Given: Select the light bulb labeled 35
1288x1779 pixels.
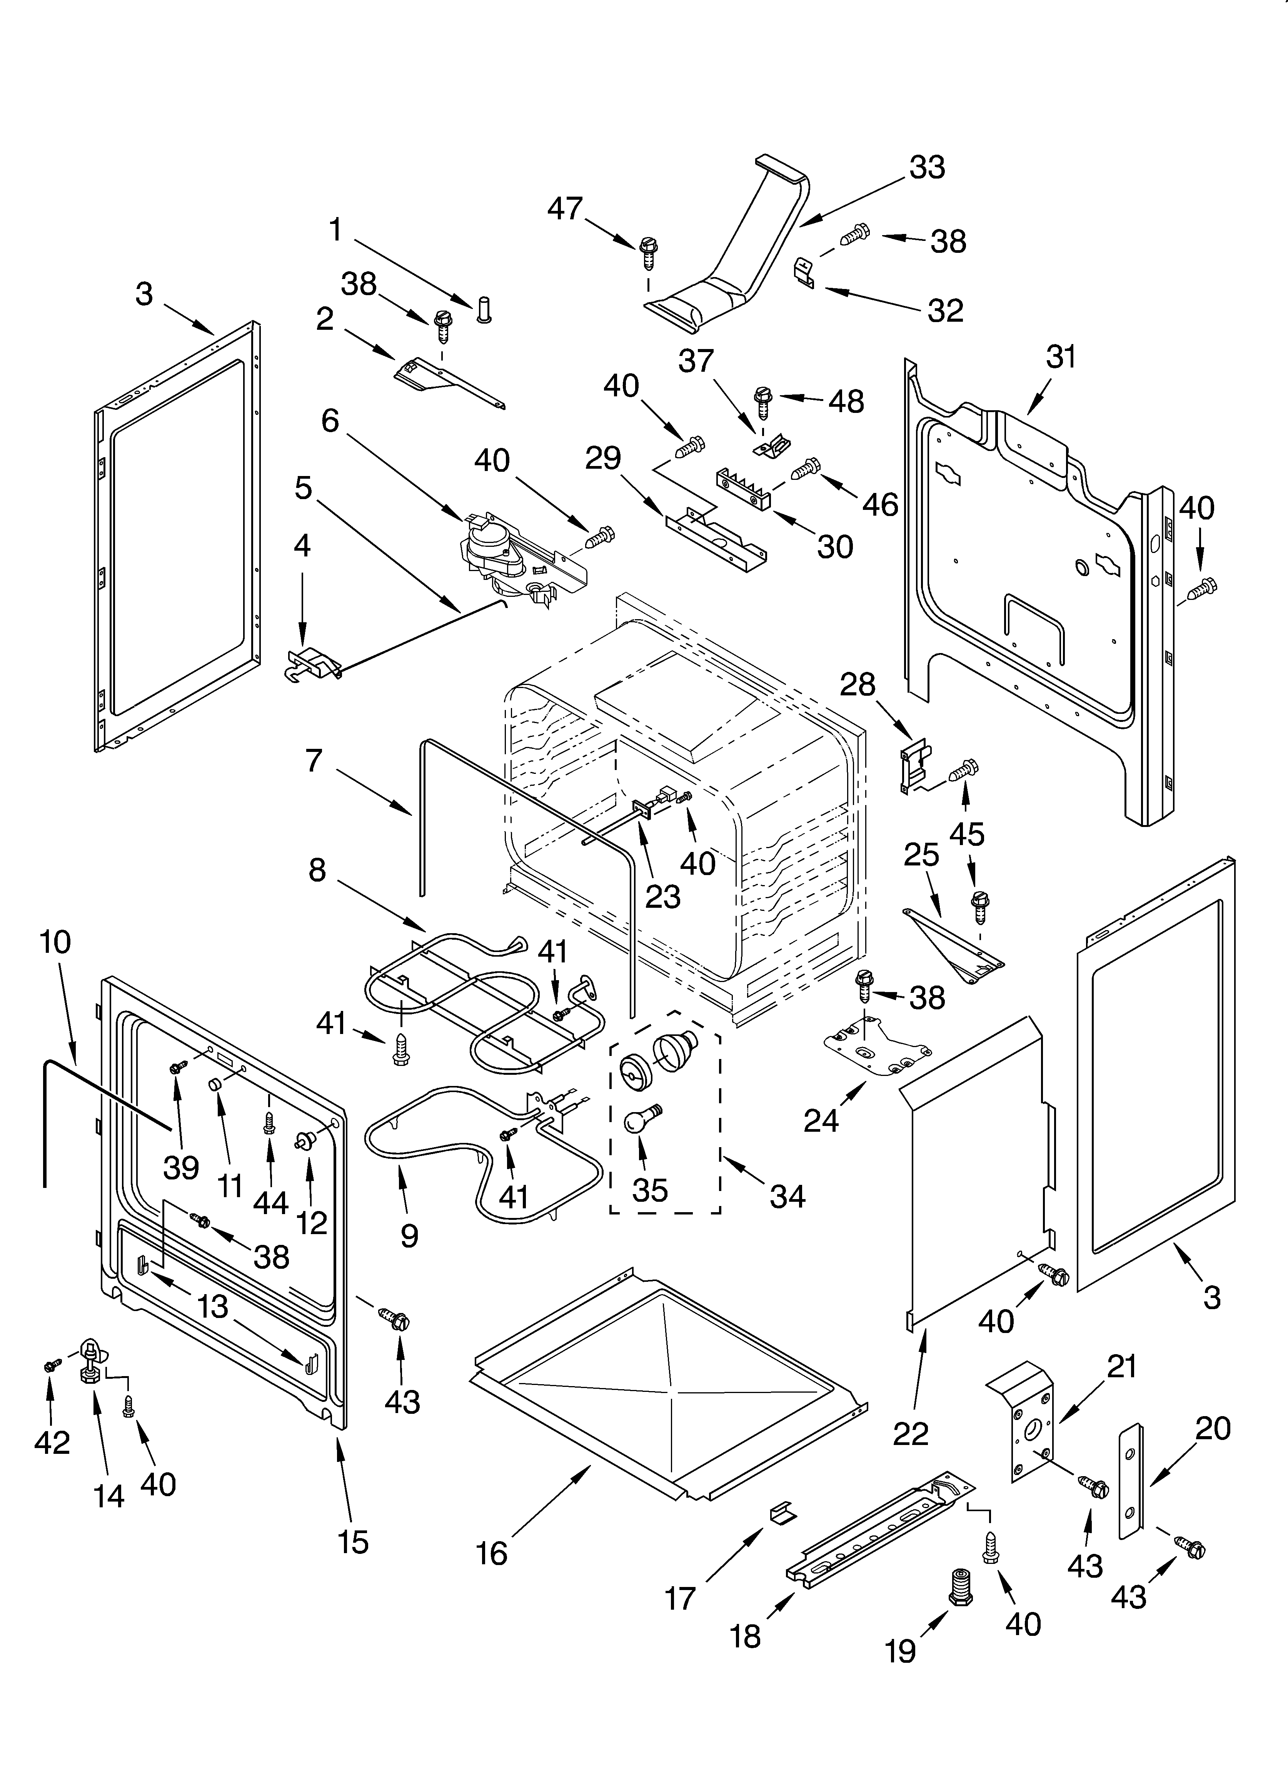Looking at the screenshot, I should point(640,1119).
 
